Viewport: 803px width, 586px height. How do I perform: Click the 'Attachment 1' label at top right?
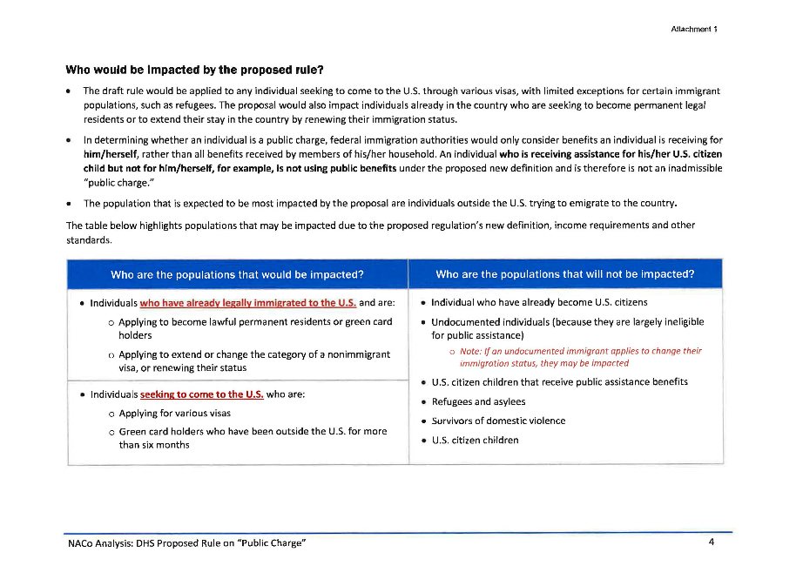[x=693, y=29]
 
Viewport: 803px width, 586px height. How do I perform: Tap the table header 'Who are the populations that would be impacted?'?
[x=237, y=274]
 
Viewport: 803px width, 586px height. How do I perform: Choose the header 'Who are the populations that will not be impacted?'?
[x=564, y=274]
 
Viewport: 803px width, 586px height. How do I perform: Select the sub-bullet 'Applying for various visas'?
[x=174, y=414]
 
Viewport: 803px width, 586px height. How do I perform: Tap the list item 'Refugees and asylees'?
[x=478, y=402]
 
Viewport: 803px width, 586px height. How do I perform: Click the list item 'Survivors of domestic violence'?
[x=498, y=421]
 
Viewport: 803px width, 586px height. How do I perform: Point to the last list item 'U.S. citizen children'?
[x=475, y=441]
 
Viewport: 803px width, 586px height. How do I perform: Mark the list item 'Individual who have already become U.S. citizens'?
[x=539, y=303]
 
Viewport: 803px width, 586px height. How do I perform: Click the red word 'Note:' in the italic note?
[x=471, y=351]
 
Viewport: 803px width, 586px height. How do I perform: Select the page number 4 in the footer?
[x=712, y=543]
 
